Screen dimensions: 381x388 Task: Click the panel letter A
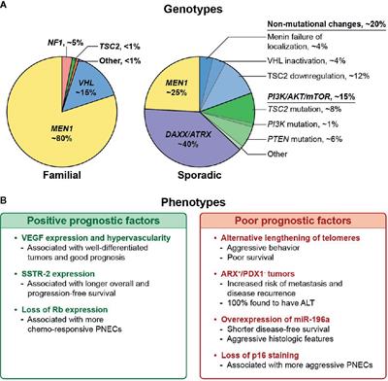7,7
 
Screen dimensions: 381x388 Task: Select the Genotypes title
193,8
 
